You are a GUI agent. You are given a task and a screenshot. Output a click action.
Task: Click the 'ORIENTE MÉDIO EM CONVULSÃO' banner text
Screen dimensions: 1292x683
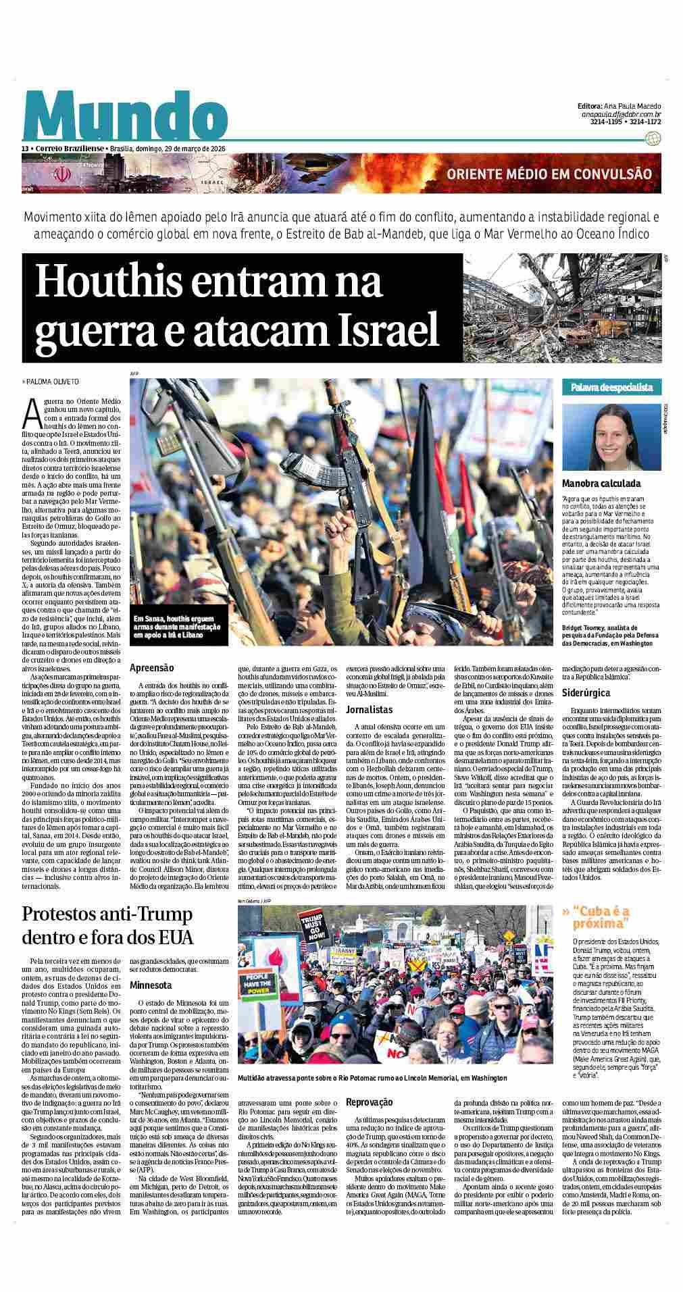click(x=549, y=174)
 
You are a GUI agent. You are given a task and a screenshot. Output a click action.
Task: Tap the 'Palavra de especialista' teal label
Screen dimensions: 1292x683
click(x=611, y=387)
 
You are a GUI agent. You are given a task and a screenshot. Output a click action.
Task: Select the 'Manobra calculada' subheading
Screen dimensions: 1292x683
click(x=601, y=484)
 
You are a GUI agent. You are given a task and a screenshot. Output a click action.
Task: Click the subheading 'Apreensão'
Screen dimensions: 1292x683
click(x=152, y=667)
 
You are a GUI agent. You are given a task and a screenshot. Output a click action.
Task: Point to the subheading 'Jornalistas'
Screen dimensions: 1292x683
click(x=369, y=710)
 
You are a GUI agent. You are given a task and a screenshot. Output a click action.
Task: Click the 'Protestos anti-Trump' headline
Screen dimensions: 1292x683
click(x=108, y=925)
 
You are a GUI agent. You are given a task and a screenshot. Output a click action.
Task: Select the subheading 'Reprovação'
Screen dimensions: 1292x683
click(x=369, y=1102)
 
